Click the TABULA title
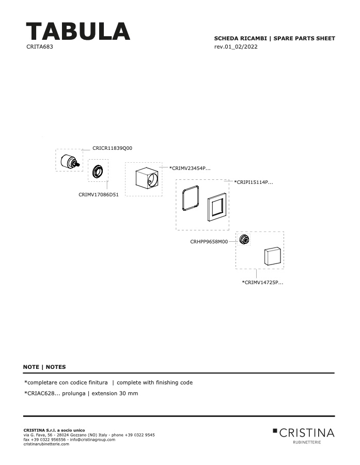(x=78, y=31)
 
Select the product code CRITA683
(x=40, y=47)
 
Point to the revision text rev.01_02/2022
(x=236, y=47)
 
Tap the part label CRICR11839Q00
(x=113, y=148)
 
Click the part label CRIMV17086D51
(x=99, y=195)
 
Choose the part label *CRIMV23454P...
(x=190, y=168)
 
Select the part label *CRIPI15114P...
(x=254, y=182)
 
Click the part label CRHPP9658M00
(x=209, y=241)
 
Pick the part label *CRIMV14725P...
(x=262, y=282)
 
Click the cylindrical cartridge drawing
(x=70, y=161)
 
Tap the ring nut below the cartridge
(x=98, y=172)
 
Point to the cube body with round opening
(x=147, y=178)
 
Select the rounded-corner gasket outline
(x=183, y=198)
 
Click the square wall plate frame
(x=209, y=208)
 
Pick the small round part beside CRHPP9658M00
(x=244, y=239)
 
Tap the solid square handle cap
(x=272, y=256)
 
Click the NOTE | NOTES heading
(x=44, y=367)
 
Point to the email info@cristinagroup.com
(x=92, y=440)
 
